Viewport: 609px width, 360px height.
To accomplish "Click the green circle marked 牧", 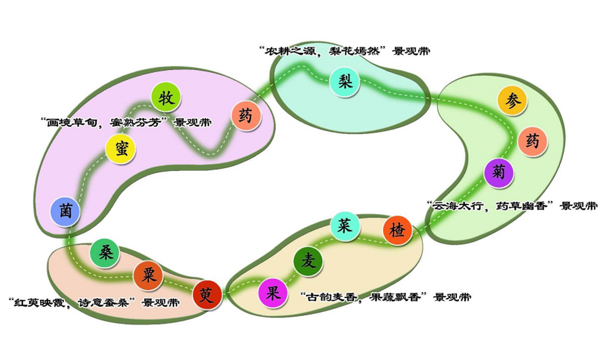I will coord(166,98).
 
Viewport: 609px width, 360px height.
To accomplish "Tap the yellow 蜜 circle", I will coord(120,149).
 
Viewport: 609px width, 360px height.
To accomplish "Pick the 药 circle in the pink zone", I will coord(246,116).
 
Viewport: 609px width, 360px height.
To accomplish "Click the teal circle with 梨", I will coord(344,82).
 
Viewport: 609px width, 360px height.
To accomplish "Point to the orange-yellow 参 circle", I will coord(512,101).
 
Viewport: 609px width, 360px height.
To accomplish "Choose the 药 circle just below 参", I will coord(533,142).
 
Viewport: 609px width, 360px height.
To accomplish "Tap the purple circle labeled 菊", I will coord(499,173).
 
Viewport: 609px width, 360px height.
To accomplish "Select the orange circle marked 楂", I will coord(397,231).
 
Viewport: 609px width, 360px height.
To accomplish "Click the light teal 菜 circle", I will coord(345,226).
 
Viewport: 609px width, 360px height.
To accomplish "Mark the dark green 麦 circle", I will coord(308,261).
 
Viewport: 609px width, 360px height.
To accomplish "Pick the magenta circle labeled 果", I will coord(273,293).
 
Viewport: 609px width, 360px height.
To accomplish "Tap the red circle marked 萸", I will coord(207,295).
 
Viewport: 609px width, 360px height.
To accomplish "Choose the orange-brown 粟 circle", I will coord(148,276).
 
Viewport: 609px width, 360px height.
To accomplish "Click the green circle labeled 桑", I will coord(105,253).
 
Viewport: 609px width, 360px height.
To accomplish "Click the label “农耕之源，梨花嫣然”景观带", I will coord(344,51).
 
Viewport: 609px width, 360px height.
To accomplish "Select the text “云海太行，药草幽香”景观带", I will coord(513,206).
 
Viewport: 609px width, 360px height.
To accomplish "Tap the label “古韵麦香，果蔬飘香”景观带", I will coord(386,297).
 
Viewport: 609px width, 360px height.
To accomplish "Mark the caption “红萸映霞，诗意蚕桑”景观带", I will coord(94,303).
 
